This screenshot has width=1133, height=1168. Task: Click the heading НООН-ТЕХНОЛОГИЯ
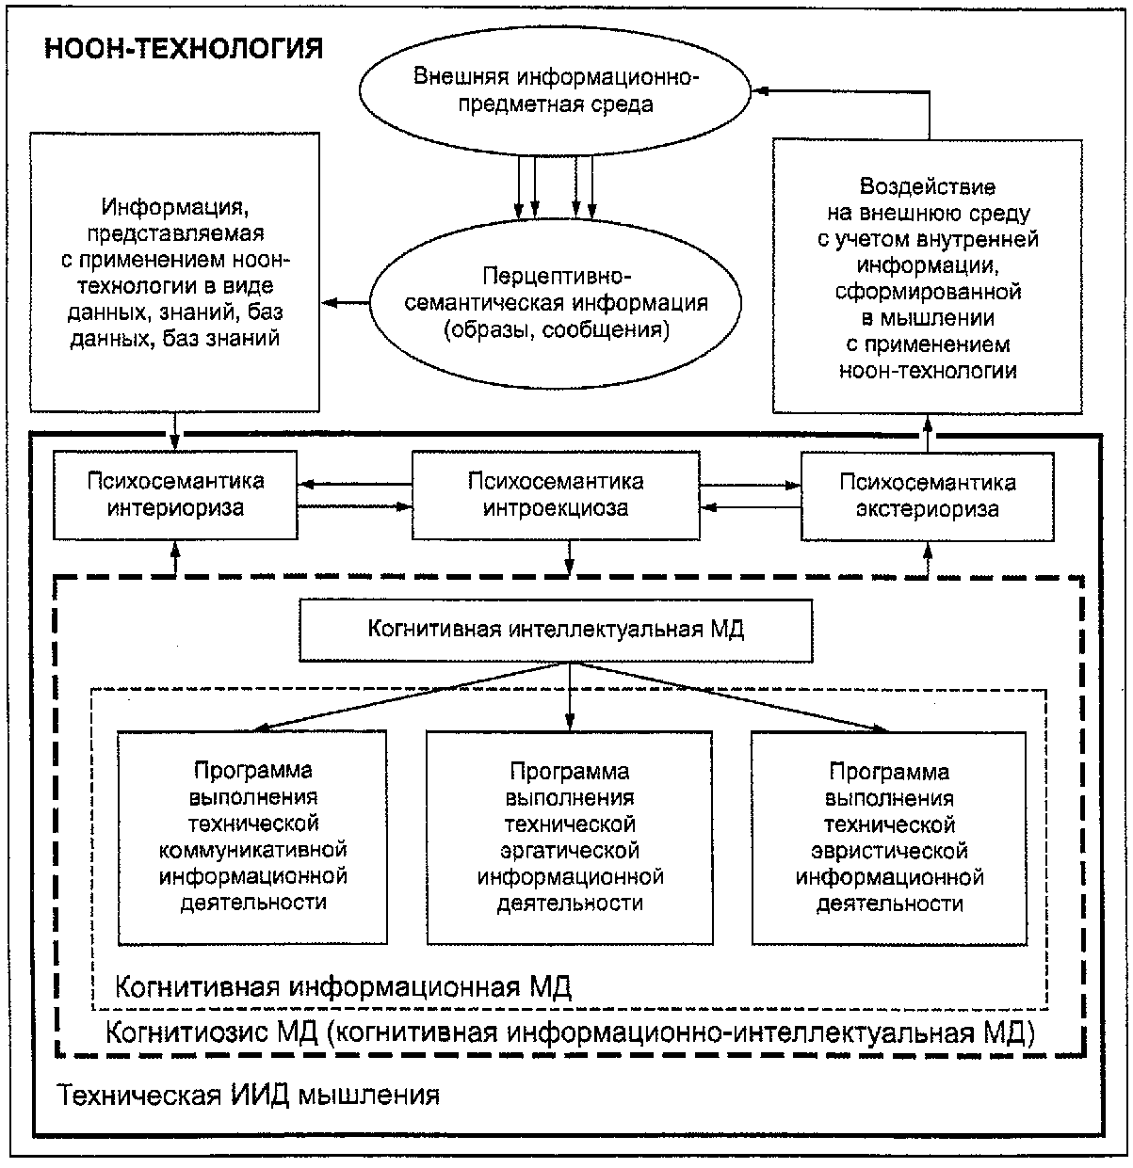click(185, 49)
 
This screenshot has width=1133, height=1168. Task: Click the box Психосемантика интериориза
click(176, 494)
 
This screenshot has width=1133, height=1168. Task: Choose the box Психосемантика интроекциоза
click(556, 494)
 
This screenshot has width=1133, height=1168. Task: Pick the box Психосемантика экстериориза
click(927, 496)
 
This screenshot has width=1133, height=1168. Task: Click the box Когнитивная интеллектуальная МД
click(556, 630)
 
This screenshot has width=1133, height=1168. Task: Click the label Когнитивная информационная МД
click(343, 987)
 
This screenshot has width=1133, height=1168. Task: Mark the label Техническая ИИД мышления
click(249, 1096)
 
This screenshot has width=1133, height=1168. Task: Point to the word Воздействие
click(928, 186)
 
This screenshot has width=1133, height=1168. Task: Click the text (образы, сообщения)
click(554, 330)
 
